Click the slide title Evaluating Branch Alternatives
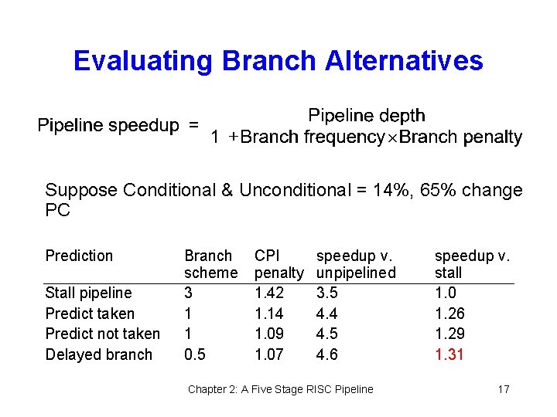click(278, 61)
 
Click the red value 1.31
click(449, 354)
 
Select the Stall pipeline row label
click(88, 293)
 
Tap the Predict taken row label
click(90, 314)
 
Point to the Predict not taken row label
click(102, 334)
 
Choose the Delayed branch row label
click(99, 354)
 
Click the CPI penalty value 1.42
click(268, 293)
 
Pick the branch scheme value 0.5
click(195, 354)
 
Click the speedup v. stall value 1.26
click(449, 314)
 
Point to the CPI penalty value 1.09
click(268, 334)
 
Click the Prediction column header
click(79, 256)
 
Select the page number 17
click(503, 389)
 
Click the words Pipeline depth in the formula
click(366, 116)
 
